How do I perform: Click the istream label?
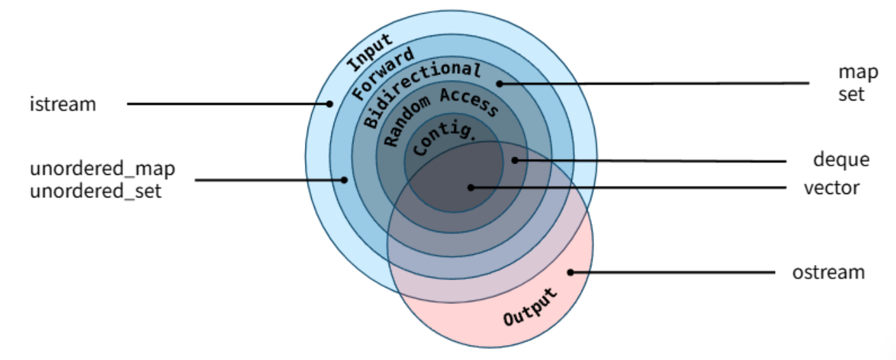pos(63,105)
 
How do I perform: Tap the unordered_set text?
pos(96,191)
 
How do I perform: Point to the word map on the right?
pos(852,72)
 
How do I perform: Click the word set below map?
pos(852,93)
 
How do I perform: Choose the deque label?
pos(841,160)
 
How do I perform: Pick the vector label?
pos(832,187)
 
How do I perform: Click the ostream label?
pos(829,272)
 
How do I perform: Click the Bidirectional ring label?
pos(422,93)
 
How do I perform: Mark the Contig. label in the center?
pos(435,139)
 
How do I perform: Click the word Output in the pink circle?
pos(530,309)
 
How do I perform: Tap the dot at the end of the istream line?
pos(329,105)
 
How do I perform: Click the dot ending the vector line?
pos(471,187)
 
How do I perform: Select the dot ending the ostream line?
pos(569,272)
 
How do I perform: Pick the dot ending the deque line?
pos(515,161)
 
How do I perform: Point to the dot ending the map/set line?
pos(500,84)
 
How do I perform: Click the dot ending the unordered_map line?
pos(345,180)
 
